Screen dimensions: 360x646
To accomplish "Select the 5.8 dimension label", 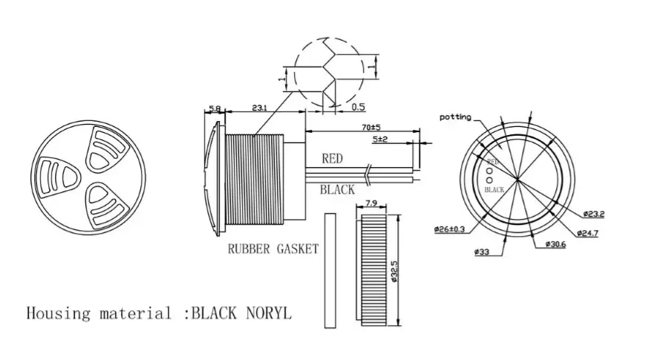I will coord(215,109).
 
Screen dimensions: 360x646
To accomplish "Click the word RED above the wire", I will coord(332,158).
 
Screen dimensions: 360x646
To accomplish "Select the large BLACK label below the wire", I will coord(337,190).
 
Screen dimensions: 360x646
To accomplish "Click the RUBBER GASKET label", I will coord(273,249).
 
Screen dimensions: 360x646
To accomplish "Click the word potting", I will coord(455,117).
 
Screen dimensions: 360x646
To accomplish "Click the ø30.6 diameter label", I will coord(554,244).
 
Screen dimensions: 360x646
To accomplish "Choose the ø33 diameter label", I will coord(483,252).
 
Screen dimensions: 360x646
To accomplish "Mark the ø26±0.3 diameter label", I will coord(450,229).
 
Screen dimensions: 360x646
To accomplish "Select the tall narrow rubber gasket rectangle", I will coord(330,269).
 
